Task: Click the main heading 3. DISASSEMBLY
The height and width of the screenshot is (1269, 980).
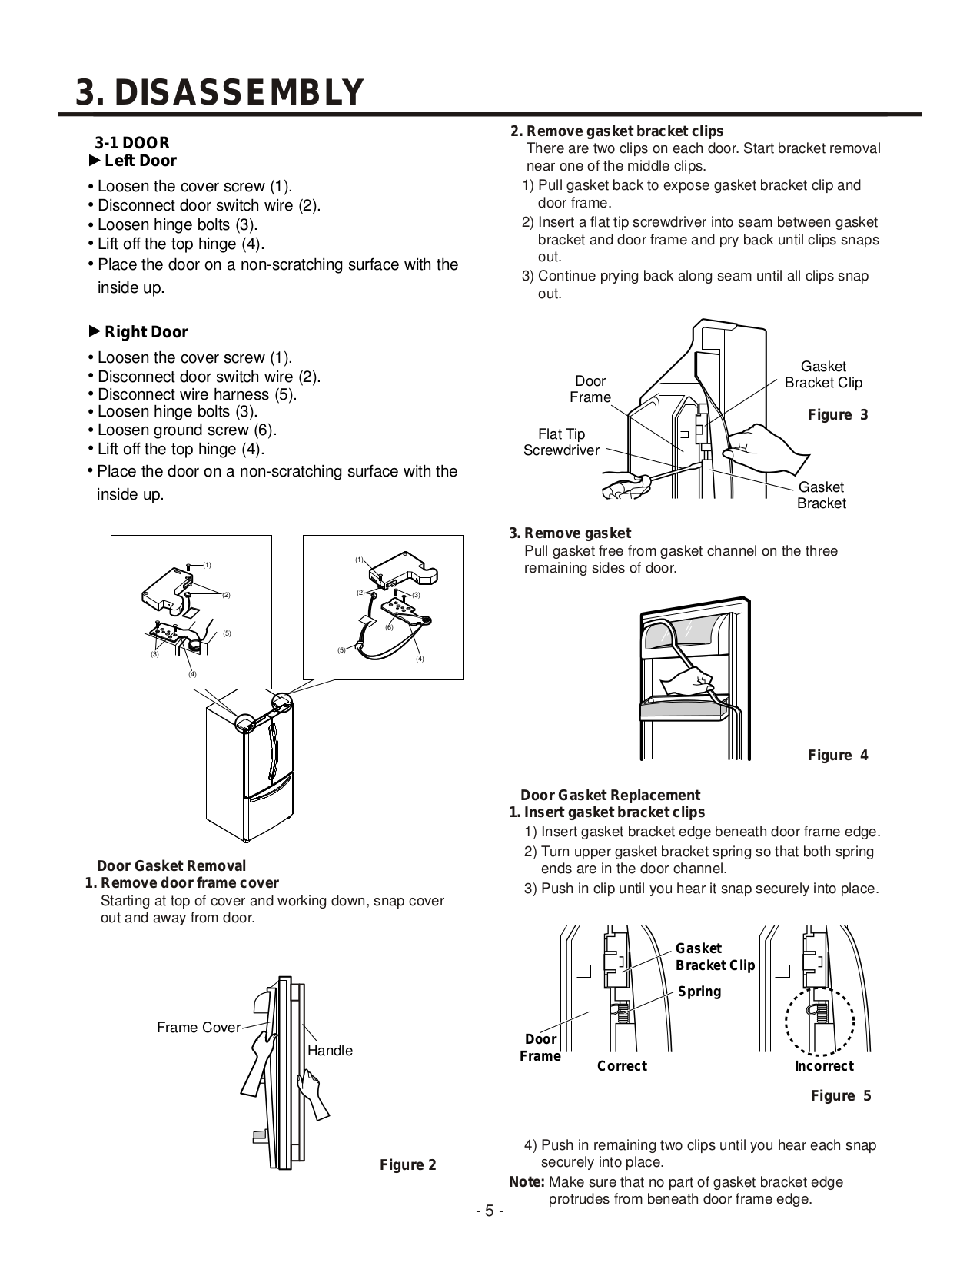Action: pyautogui.click(x=218, y=92)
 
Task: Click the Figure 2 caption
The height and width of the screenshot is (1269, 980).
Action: pyautogui.click(x=408, y=1164)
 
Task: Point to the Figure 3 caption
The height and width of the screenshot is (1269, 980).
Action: pyautogui.click(x=838, y=415)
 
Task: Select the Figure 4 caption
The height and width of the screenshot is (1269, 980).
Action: pyautogui.click(x=838, y=755)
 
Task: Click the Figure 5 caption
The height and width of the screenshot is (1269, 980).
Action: pyautogui.click(x=841, y=1095)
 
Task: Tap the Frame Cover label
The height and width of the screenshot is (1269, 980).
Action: pyautogui.click(x=198, y=1028)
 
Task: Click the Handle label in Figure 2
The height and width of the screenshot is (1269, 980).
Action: pyautogui.click(x=330, y=1050)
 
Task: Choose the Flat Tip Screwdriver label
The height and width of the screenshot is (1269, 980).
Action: pyautogui.click(x=561, y=442)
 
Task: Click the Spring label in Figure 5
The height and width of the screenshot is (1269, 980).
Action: pyautogui.click(x=699, y=991)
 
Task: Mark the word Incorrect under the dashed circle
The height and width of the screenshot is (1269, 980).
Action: pyautogui.click(x=824, y=1065)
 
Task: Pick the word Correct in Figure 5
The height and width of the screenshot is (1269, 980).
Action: pyautogui.click(x=622, y=1065)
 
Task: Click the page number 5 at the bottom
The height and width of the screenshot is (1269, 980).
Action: pyautogui.click(x=490, y=1212)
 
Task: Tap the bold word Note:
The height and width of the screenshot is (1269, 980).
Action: pyautogui.click(x=527, y=1182)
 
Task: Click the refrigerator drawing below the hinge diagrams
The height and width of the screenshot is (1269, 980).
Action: pyautogui.click(x=250, y=776)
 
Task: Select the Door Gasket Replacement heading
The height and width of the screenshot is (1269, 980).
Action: pyautogui.click(x=610, y=795)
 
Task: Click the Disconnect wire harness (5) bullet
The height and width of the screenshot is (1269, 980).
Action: pyautogui.click(x=197, y=394)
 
